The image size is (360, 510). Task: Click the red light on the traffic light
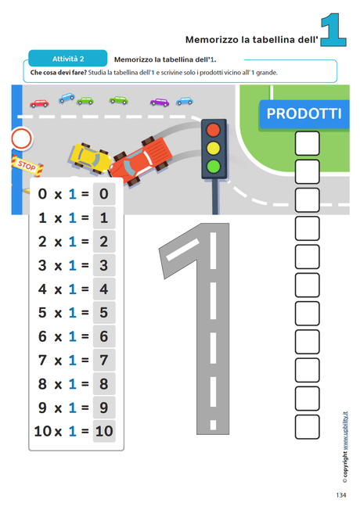(x=213, y=130)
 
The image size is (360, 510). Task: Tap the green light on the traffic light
(x=213, y=166)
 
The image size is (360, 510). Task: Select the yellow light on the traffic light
(x=213, y=148)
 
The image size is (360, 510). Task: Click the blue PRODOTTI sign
(x=304, y=114)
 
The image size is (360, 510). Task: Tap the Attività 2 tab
(x=68, y=59)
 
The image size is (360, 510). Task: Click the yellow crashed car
(x=90, y=158)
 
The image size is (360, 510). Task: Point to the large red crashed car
(x=140, y=160)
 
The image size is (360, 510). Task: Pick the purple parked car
(x=160, y=102)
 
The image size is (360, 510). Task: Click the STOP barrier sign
(x=27, y=165)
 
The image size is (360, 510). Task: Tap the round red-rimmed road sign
(x=21, y=138)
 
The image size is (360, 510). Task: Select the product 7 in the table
(x=104, y=360)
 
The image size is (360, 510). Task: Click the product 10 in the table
(x=104, y=431)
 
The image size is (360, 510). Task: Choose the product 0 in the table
(x=104, y=194)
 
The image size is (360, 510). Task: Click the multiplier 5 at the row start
(x=42, y=313)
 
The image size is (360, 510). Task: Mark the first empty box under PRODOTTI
(x=307, y=143)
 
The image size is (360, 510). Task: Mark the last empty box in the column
(x=307, y=427)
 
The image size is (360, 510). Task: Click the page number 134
(x=340, y=495)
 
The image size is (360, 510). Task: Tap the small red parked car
(x=39, y=103)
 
